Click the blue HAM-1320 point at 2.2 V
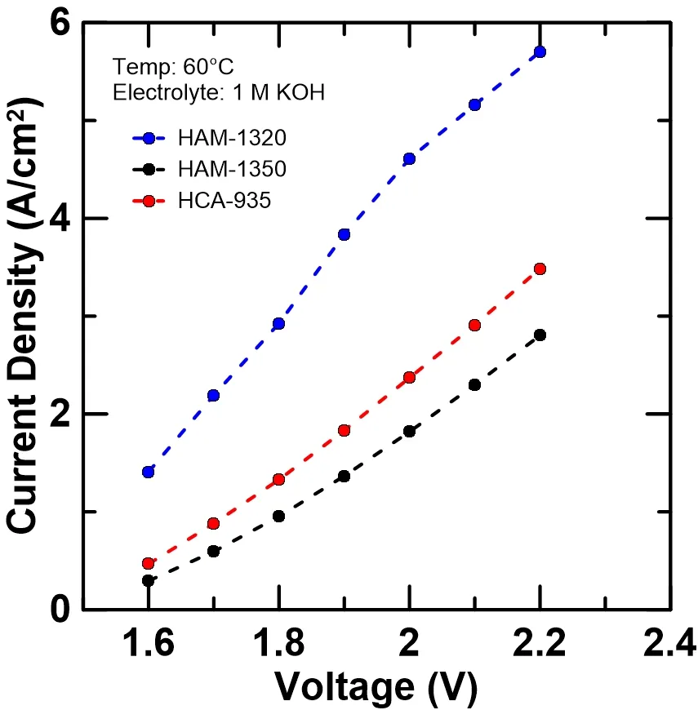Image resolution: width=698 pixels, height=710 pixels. (540, 52)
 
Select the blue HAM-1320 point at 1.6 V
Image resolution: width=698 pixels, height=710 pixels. (148, 472)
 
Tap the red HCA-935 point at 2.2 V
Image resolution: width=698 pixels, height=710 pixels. (540, 268)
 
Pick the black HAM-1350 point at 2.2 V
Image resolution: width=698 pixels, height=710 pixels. (540, 335)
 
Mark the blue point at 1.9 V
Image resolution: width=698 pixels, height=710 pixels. (344, 234)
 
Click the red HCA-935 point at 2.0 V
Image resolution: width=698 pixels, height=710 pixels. (409, 377)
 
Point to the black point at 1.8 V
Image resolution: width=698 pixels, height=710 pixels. (278, 516)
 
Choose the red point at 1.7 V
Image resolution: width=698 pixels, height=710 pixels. (213, 523)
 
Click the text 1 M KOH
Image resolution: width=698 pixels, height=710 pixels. (287, 92)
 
